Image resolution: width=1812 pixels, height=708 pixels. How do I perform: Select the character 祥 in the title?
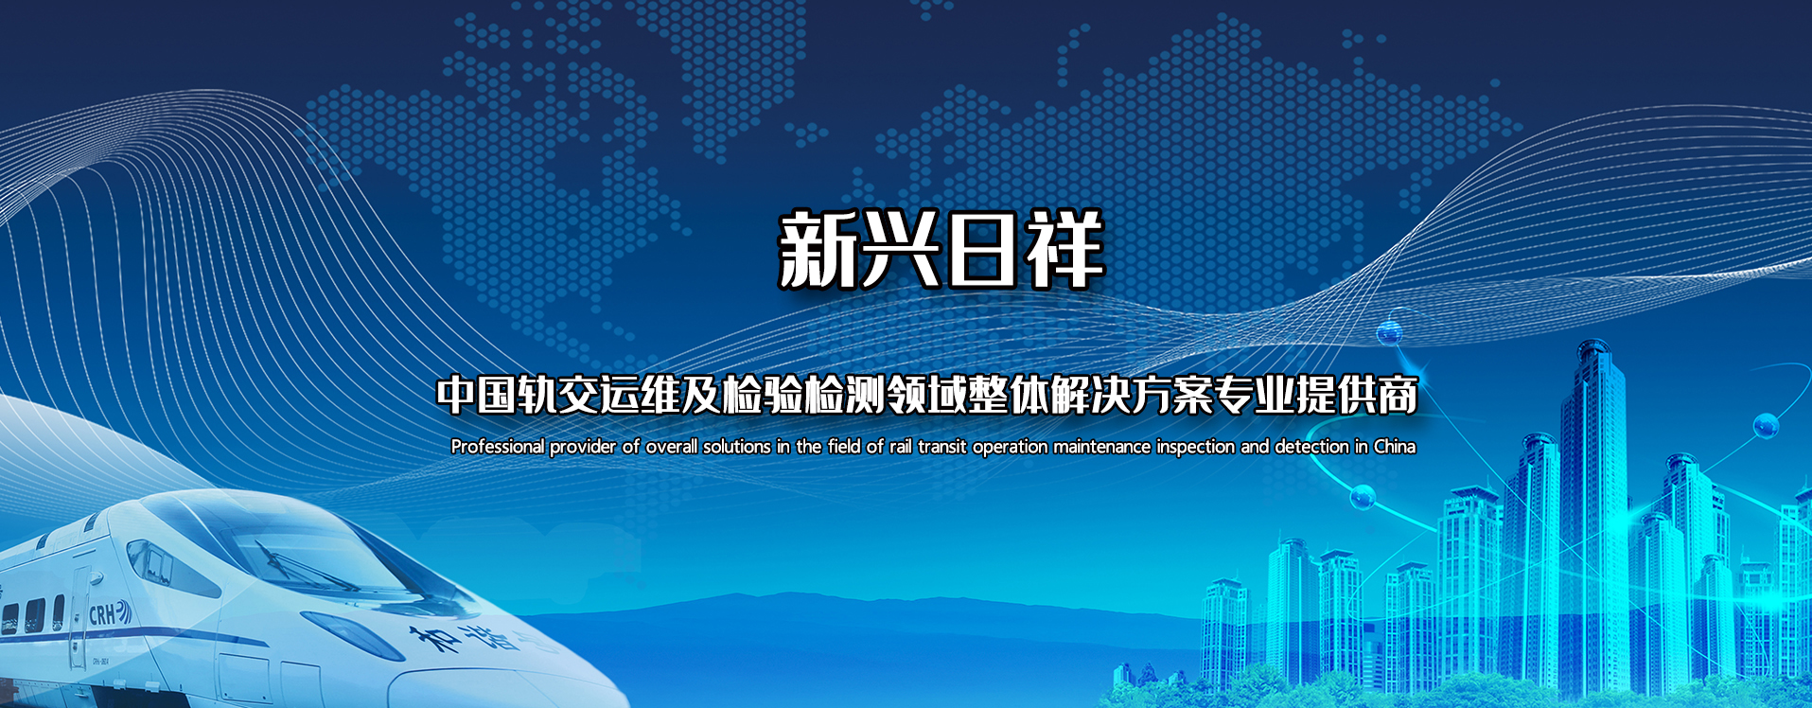click(1065, 250)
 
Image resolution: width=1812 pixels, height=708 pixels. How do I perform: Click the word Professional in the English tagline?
click(498, 447)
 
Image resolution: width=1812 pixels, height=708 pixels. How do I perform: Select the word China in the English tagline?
click(1395, 446)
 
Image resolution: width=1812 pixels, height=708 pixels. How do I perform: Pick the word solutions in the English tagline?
click(736, 446)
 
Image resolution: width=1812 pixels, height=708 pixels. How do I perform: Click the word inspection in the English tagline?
click(1196, 447)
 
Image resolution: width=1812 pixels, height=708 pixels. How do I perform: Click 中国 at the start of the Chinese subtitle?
click(476, 396)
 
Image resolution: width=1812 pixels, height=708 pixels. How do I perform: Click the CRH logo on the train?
click(110, 614)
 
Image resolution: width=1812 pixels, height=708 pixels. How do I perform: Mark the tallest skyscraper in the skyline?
click(1595, 511)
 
